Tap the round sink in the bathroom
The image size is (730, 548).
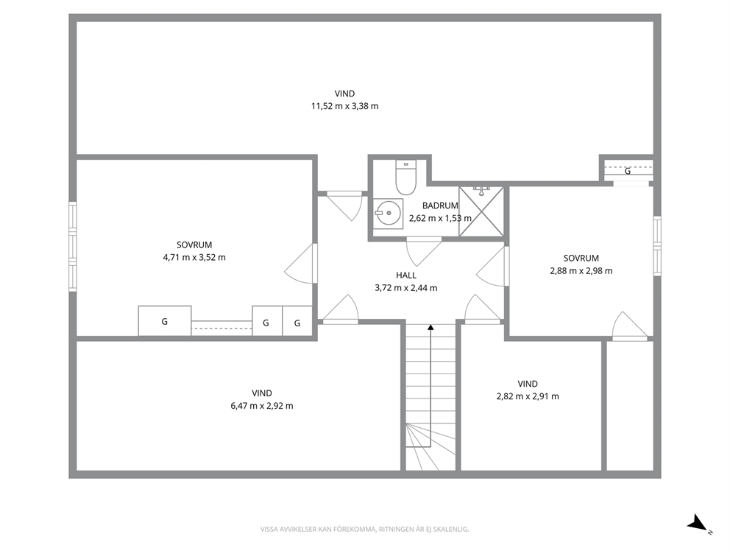(x=388, y=214)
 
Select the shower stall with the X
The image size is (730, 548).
(x=481, y=211)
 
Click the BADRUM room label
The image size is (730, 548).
(x=440, y=205)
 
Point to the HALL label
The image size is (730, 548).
(x=406, y=275)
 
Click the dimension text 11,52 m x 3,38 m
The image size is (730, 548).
(x=345, y=106)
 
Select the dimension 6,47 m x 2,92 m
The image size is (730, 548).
(x=262, y=406)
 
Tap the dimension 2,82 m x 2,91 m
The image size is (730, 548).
(x=528, y=396)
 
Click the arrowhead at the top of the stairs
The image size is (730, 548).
(x=430, y=328)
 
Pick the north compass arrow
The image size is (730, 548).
(x=698, y=523)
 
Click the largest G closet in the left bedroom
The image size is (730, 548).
(x=165, y=320)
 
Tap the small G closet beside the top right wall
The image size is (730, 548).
(x=628, y=171)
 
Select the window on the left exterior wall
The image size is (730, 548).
(x=73, y=247)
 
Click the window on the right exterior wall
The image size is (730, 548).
(x=657, y=245)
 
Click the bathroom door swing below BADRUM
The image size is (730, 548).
(x=424, y=252)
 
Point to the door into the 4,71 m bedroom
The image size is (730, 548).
(x=301, y=263)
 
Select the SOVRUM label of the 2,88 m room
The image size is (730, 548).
(x=581, y=258)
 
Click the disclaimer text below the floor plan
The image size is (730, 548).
(x=364, y=530)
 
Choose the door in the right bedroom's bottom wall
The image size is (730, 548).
(x=629, y=326)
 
